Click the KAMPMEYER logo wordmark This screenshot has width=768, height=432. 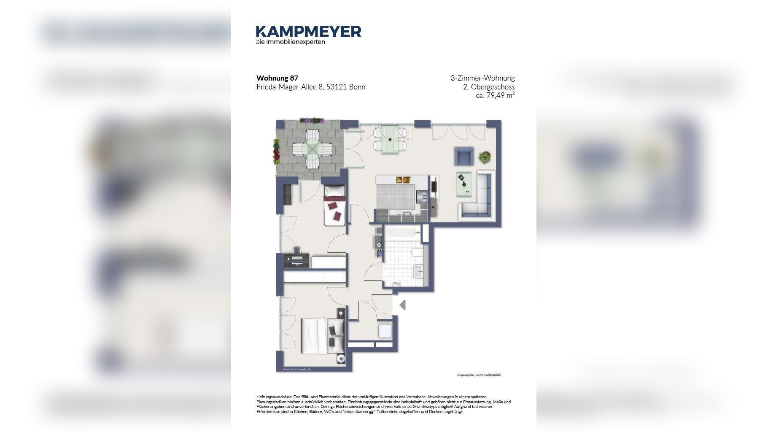point(308,31)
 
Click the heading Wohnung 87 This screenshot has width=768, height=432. point(277,78)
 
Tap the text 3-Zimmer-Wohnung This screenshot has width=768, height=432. point(482,78)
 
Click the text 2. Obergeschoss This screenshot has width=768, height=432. point(488,87)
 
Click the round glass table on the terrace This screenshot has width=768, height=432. point(312,149)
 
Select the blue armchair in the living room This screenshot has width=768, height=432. point(463,156)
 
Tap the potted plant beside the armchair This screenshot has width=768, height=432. point(485,157)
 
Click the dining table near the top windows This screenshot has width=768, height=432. point(390,140)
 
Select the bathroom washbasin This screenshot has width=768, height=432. point(418,271)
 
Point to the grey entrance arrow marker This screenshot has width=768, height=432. point(402,305)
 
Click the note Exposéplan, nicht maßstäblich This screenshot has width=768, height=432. point(479,375)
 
